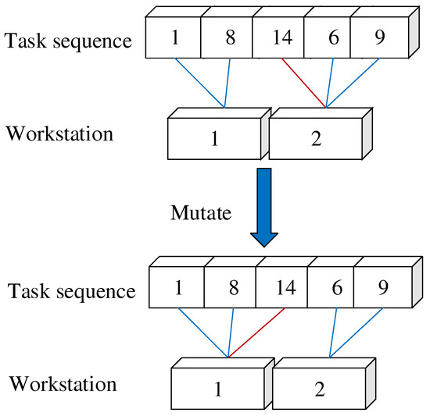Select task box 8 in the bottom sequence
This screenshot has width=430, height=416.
tap(231, 286)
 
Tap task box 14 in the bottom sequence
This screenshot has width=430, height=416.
tap(281, 286)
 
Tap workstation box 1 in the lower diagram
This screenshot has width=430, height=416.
tap(219, 389)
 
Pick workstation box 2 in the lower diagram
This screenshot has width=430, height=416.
tap(318, 389)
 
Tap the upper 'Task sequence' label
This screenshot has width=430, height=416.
tap(69, 41)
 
